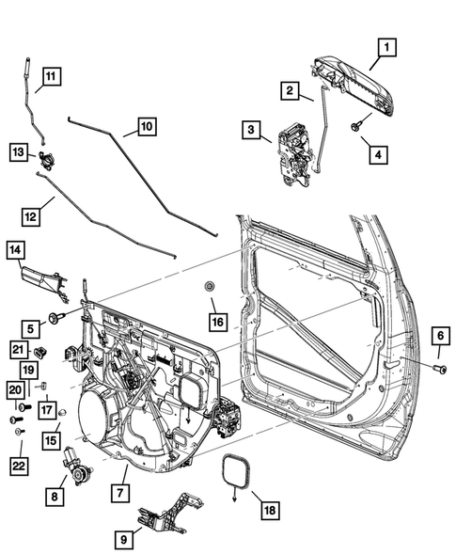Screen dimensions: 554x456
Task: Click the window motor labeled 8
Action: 74,467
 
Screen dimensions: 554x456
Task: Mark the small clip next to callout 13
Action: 45,156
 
